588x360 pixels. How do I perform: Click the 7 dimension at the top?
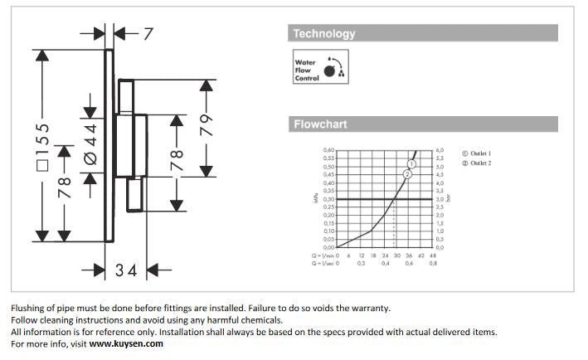(148, 34)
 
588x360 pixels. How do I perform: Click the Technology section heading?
(323, 34)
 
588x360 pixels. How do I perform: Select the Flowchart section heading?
(319, 124)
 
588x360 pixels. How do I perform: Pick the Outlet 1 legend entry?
(477, 154)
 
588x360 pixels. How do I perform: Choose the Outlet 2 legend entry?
(477, 163)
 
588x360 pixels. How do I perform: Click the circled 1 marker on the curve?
(412, 164)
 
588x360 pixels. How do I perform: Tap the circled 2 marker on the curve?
(407, 173)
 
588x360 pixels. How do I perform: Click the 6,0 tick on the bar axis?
(440, 150)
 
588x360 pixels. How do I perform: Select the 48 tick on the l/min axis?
(433, 255)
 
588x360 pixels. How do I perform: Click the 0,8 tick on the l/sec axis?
(433, 263)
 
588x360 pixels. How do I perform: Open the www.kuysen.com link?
(126, 343)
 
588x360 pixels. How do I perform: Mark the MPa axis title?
(315, 199)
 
